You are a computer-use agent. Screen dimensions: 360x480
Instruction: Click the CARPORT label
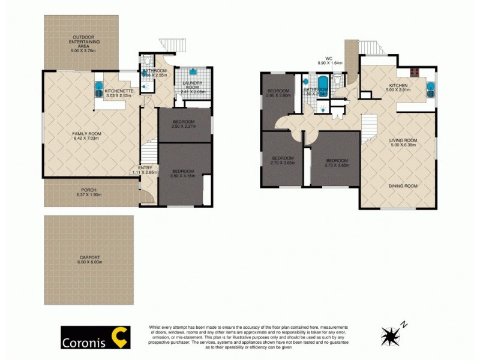click(x=89, y=258)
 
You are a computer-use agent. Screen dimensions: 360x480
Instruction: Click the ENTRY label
click(x=145, y=167)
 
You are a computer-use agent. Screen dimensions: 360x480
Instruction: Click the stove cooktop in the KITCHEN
click(x=414, y=74)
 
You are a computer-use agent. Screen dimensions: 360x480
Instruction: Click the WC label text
click(x=329, y=58)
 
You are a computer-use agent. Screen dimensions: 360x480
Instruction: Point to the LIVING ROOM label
click(x=403, y=140)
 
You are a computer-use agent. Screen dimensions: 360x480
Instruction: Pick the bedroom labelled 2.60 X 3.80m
click(x=278, y=94)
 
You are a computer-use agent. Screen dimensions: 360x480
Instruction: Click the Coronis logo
click(x=95, y=337)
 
